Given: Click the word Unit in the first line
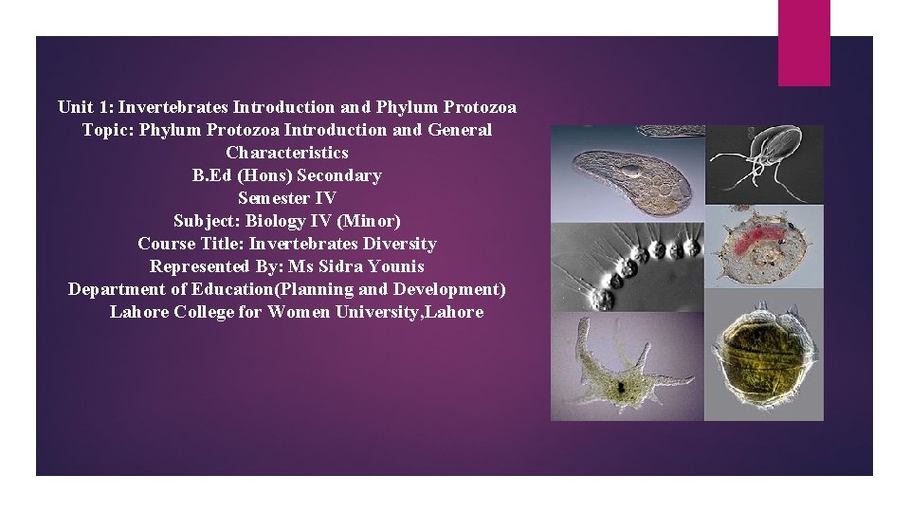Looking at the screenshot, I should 75,107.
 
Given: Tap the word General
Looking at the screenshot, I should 460,130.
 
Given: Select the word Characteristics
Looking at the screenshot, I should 287,153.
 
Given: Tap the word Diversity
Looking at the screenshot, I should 397,244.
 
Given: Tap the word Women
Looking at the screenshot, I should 299,312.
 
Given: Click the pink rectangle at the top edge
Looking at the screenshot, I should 804,43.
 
